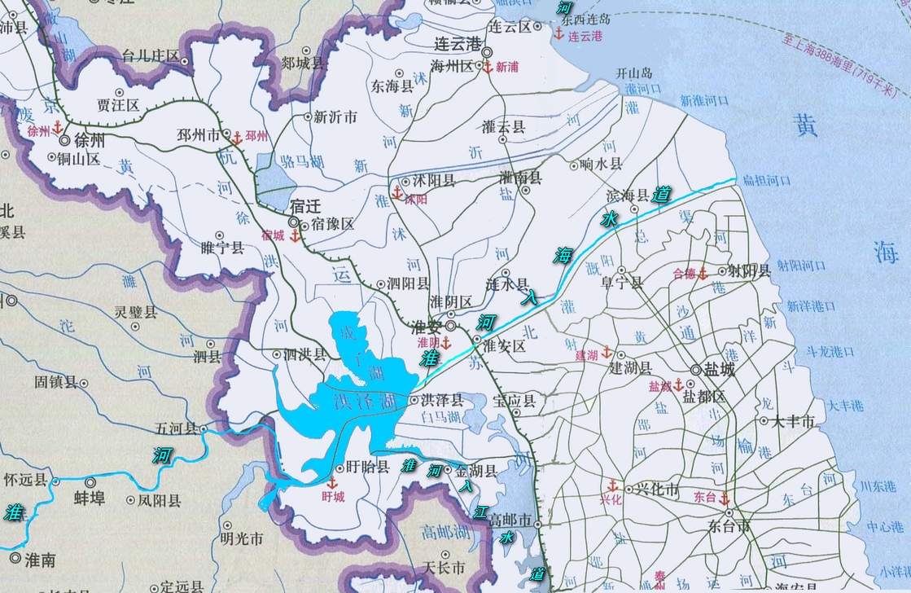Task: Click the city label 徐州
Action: (87, 139)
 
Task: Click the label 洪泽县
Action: (442, 400)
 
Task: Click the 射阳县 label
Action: (749, 270)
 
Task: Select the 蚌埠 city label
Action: (90, 498)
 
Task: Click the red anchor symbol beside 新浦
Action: (487, 68)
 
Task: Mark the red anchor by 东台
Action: (724, 496)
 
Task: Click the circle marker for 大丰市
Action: (764, 422)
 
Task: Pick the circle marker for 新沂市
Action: (308, 117)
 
